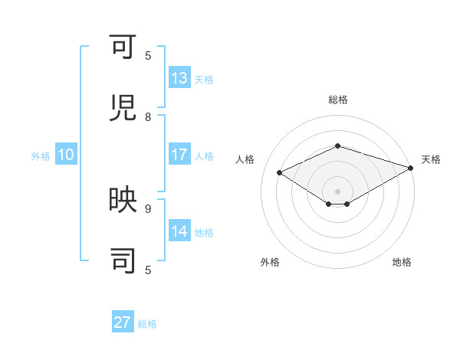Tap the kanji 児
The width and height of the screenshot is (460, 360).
coord(123,108)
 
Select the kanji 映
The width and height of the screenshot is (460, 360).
coord(123,201)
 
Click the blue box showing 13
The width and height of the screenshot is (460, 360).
coord(179,78)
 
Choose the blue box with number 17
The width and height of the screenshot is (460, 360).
coord(179,155)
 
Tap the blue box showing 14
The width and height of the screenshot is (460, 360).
coord(179,231)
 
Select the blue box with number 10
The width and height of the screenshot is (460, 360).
coord(66,155)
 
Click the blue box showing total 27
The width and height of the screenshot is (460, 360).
coord(123,322)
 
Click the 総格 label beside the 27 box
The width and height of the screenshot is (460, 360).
coord(147,324)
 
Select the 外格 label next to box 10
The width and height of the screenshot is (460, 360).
coord(41,155)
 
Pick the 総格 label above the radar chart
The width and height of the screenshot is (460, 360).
coord(337,100)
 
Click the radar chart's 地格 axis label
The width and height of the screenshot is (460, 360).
coord(402,262)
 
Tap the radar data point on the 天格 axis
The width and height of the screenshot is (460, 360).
coord(412,169)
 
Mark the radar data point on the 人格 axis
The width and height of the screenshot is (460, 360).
coord(280,173)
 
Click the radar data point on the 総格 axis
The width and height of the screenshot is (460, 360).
coord(337,146)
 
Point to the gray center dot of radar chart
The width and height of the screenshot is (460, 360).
coord(337,190)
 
